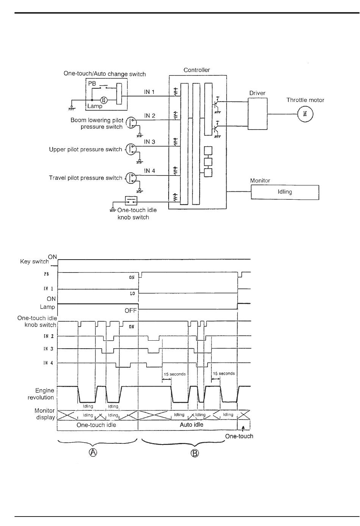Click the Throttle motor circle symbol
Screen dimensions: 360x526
[x=305, y=114]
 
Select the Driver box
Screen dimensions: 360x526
[x=258, y=114]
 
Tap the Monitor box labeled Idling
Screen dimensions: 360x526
[x=285, y=192]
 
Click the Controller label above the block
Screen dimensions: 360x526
[x=197, y=70]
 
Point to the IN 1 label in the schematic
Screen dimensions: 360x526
[x=149, y=92]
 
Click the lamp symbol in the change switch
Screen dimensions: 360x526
[x=104, y=100]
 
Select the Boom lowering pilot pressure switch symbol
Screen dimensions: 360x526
[x=131, y=122]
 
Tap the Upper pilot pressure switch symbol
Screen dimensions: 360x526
[x=131, y=149]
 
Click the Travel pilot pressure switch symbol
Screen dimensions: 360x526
[x=131, y=178]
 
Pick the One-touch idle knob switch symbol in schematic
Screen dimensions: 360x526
[x=131, y=201]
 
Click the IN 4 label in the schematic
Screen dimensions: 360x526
[x=150, y=171]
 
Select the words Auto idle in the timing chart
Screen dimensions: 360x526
[x=191, y=424]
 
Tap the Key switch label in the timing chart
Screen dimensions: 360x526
[x=34, y=261]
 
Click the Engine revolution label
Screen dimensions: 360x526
[x=41, y=394]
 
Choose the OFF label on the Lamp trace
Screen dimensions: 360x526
[x=131, y=310]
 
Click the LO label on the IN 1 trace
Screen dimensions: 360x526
[x=133, y=294]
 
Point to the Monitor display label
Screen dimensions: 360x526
[x=45, y=414]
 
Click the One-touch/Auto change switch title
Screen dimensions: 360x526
[x=105, y=74]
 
